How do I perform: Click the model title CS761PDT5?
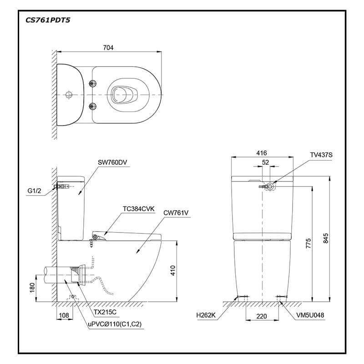(x=48, y=20)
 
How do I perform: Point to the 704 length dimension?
(x=108, y=48)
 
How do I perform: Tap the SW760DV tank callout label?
(x=112, y=162)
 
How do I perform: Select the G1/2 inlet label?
(x=34, y=191)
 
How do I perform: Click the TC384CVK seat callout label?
(x=139, y=209)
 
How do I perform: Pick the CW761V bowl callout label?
(x=176, y=213)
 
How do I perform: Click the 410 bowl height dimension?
(x=173, y=271)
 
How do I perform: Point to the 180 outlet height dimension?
(x=32, y=288)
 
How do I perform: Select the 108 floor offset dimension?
(x=64, y=315)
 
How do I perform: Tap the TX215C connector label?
(x=105, y=312)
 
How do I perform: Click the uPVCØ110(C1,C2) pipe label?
(x=115, y=324)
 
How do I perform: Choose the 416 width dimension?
(x=262, y=153)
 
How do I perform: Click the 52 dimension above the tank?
(x=265, y=162)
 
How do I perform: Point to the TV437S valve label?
(x=321, y=155)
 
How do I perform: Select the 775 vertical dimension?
(x=308, y=243)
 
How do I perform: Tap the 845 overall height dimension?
(x=326, y=238)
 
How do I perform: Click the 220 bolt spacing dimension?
(x=262, y=316)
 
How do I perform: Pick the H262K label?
(x=206, y=315)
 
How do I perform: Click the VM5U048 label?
(x=310, y=315)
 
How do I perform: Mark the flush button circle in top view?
(x=69, y=95)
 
